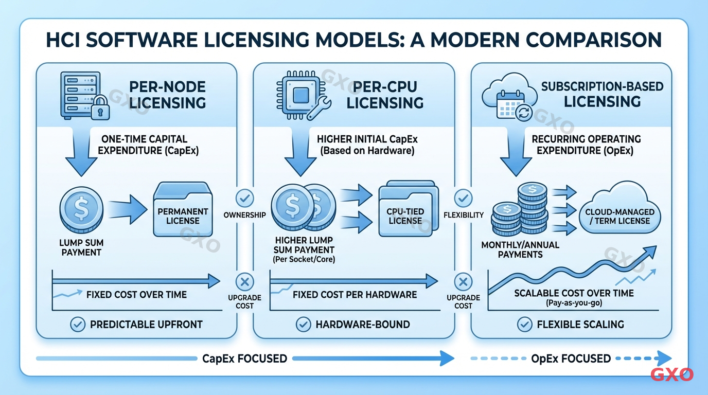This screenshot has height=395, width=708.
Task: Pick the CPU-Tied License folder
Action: pos(405,211)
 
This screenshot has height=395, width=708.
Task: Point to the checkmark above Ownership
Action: pos(244,197)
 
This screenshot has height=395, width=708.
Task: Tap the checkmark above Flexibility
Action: pos(463,197)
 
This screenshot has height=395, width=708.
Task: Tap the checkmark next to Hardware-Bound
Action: pos(303,324)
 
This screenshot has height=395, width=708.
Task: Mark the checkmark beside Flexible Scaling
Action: pos(524,324)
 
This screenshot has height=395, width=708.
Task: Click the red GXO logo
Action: pos(672,374)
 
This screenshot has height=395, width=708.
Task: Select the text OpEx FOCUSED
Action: pos(571,358)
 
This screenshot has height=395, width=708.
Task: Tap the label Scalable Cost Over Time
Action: pos(574,293)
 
